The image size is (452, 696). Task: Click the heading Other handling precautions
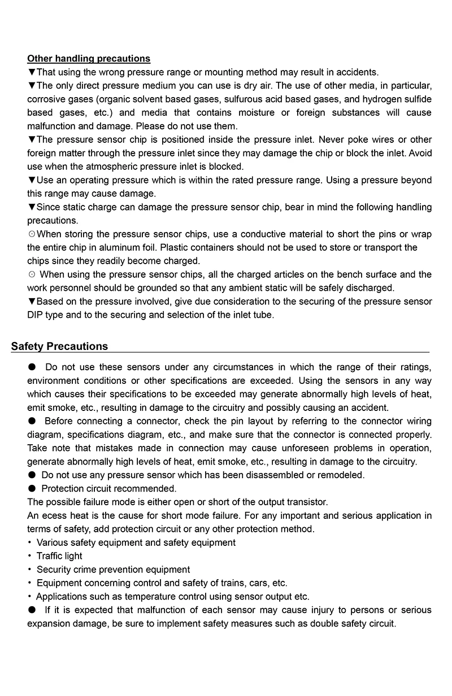click(89, 58)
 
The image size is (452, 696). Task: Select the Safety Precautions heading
click(59, 346)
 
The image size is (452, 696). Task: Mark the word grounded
click(177, 288)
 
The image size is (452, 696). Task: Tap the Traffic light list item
click(59, 556)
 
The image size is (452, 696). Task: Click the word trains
click(221, 583)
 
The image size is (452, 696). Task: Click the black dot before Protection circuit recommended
click(32, 488)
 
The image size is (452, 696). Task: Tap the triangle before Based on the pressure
click(32, 301)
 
